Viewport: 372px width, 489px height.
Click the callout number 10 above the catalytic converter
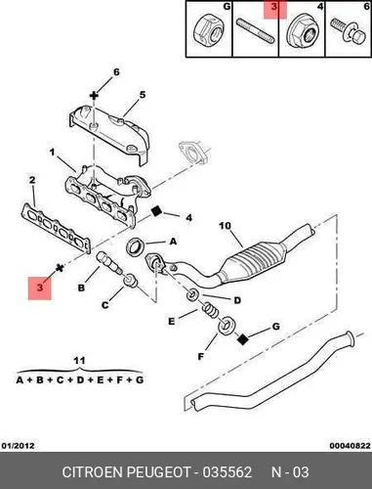point(225,226)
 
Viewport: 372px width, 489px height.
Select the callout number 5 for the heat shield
point(143,95)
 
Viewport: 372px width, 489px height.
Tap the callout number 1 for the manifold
point(52,152)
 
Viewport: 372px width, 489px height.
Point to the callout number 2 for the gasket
point(32,180)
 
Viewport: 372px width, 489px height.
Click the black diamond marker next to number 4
point(156,211)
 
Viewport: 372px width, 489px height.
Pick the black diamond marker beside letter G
point(242,339)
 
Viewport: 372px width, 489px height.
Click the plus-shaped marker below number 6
point(94,96)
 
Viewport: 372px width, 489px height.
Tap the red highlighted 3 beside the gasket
point(40,288)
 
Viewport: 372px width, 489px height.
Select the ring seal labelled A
point(134,247)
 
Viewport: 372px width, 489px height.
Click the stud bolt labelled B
point(109,263)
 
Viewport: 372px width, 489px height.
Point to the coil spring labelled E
point(211,310)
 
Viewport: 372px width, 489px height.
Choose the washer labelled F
point(227,325)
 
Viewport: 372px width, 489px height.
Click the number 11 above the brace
point(79,361)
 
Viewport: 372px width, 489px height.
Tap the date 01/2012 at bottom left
point(19,445)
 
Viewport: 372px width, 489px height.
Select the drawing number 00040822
point(351,446)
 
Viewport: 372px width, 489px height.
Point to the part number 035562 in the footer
point(227,471)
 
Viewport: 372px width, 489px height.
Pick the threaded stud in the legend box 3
point(256,32)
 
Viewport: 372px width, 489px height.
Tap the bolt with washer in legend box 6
point(347,31)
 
